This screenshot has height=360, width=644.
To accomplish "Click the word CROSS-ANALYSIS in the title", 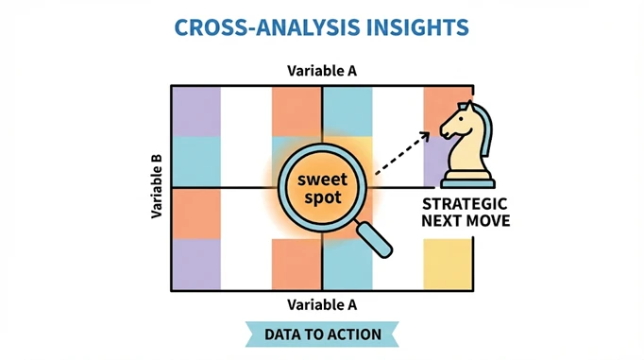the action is [267, 27].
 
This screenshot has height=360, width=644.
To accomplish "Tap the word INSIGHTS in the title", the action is [417, 27].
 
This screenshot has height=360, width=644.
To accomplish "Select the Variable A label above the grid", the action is [322, 71].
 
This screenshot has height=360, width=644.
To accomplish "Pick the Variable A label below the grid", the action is [322, 305].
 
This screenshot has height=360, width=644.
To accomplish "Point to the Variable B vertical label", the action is [157, 186].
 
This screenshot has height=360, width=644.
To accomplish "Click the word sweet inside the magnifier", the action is [322, 180].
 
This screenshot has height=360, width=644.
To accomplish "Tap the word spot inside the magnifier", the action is [323, 198].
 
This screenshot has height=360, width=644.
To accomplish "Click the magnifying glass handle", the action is [373, 240].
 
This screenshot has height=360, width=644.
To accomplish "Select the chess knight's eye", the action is [462, 119].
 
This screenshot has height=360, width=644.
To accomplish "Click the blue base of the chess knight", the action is [467, 183].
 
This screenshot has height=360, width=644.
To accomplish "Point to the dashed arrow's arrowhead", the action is [425, 136].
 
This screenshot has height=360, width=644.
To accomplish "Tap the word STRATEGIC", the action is [465, 204].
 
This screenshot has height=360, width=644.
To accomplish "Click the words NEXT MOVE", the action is [466, 221].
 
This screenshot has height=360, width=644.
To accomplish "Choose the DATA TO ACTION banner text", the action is [323, 334].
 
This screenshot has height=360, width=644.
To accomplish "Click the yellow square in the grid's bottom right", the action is [448, 265].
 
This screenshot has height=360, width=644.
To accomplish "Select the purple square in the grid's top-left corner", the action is [196, 111].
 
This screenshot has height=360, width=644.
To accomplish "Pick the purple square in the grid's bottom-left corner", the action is [196, 265].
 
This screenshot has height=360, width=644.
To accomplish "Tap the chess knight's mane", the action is [486, 128].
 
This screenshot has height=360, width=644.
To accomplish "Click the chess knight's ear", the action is [467, 106].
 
